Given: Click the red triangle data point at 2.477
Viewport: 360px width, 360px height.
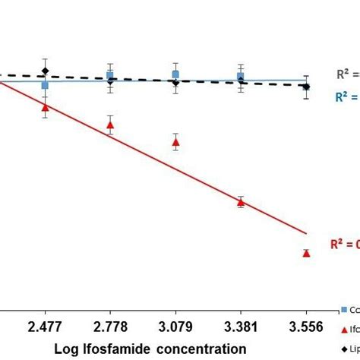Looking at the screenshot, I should pos(45,108).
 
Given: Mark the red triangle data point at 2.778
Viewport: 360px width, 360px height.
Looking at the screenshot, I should pos(111,125).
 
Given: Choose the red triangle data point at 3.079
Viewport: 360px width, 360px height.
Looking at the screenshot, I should pos(176,142).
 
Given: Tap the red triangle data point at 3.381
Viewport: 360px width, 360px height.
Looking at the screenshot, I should pos(241,201).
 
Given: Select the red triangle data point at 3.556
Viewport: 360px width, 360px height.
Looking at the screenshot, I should pos(306,253).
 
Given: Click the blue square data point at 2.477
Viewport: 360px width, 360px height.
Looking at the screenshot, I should pos(45,84).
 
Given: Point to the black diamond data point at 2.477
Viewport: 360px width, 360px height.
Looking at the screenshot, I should pos(45,71).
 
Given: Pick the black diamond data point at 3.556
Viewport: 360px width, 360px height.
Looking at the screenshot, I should pos(306,87).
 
